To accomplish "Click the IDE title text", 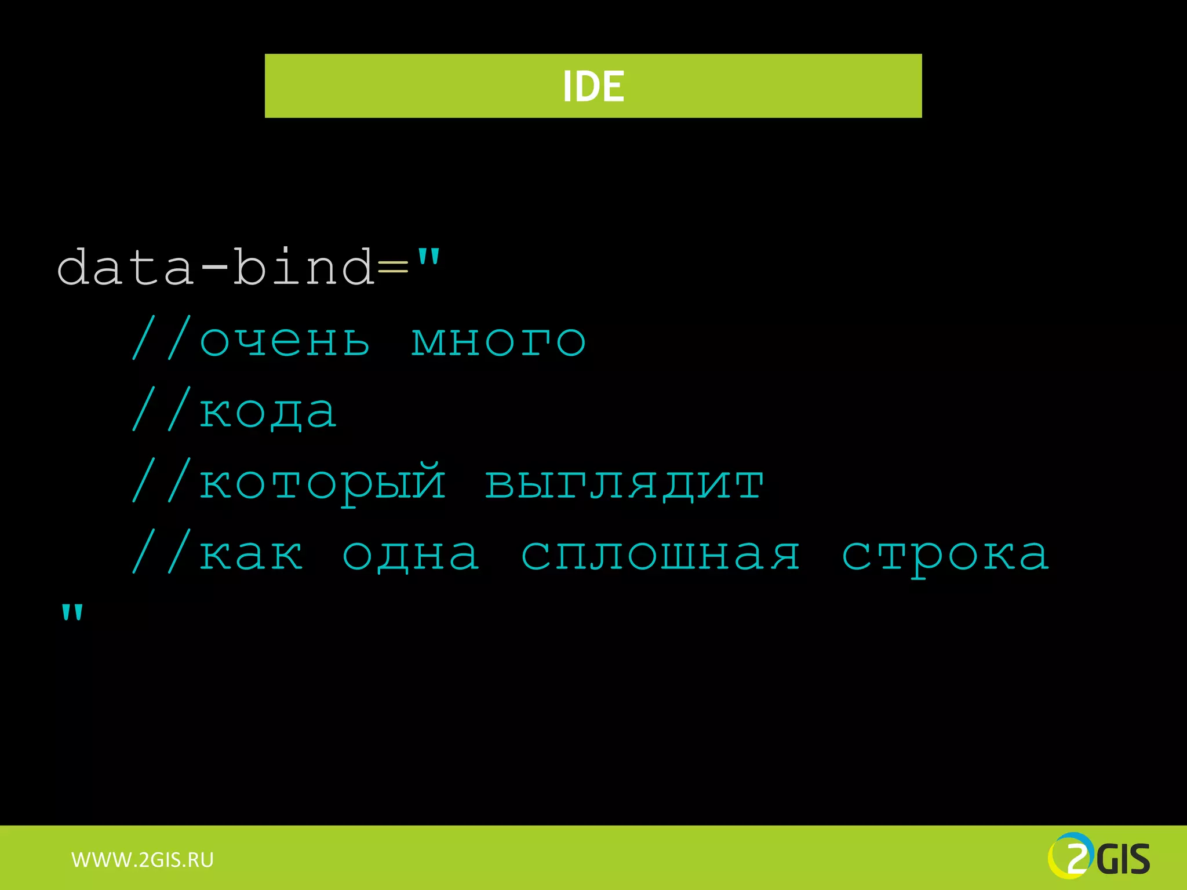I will (593, 86).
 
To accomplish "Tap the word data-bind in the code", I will (216, 267).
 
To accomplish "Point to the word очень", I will (284, 340).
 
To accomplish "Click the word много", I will (498, 341).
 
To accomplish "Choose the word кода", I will (268, 413).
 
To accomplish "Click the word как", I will (251, 555).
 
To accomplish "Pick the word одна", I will (411, 555).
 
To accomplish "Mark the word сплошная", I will (661, 555).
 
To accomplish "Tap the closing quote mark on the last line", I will (72, 613).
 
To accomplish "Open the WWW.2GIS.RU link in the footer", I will (143, 860).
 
